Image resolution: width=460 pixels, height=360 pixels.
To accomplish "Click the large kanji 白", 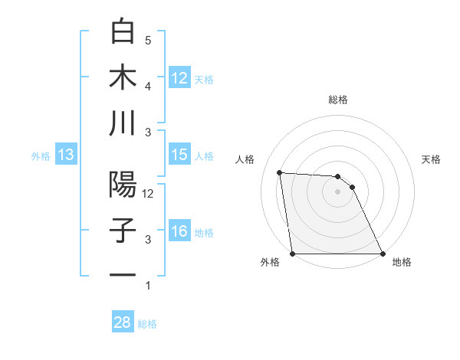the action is pyautogui.click(x=123, y=33).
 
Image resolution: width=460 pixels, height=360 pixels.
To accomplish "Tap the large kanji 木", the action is pyautogui.click(x=123, y=77).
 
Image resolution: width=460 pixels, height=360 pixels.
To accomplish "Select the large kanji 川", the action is pyautogui.click(x=123, y=123).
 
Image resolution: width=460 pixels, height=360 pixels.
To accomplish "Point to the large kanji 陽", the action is pyautogui.click(x=123, y=185).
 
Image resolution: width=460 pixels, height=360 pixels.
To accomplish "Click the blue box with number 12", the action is pyautogui.click(x=179, y=77).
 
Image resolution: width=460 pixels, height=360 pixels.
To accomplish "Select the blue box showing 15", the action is pyautogui.click(x=179, y=155).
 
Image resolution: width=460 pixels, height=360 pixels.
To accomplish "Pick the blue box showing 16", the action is pyautogui.click(x=179, y=232).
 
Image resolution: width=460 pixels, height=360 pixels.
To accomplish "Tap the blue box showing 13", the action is pyautogui.click(x=66, y=155).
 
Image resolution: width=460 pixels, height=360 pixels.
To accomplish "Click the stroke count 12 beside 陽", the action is pyautogui.click(x=149, y=194).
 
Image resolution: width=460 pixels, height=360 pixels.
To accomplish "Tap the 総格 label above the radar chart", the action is pyautogui.click(x=338, y=100).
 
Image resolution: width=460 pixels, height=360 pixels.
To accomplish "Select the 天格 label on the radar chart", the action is pyautogui.click(x=432, y=159).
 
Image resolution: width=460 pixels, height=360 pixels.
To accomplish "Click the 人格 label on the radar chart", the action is pyautogui.click(x=245, y=159).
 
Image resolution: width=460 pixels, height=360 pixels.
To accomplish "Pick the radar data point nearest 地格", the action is pyautogui.click(x=383, y=254).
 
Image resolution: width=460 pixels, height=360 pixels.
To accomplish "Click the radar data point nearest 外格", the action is pyautogui.click(x=292, y=254).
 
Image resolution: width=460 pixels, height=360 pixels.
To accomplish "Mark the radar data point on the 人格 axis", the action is pyautogui.click(x=279, y=172).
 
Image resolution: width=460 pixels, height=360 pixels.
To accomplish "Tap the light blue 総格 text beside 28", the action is pyautogui.click(x=148, y=324).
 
